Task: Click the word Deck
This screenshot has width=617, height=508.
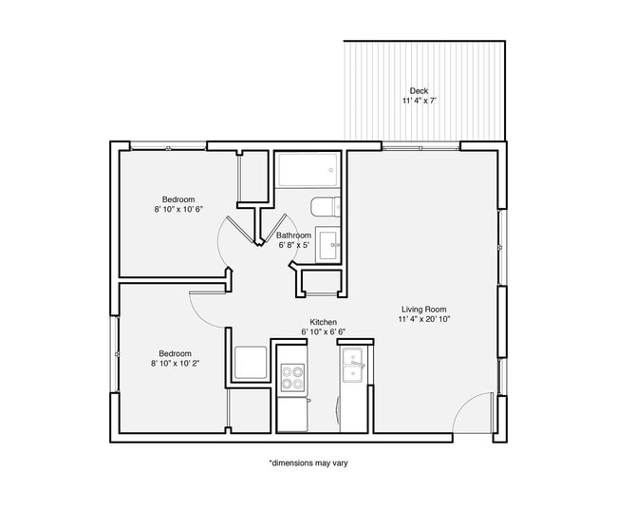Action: coord(419,91)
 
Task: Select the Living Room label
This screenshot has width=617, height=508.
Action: coord(424,310)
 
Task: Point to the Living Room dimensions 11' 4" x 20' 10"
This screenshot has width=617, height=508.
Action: coord(424,320)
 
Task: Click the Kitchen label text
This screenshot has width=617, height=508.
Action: coord(323,322)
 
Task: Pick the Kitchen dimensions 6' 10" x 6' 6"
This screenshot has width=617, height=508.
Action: coord(323,332)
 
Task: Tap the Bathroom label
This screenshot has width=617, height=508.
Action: coord(293,235)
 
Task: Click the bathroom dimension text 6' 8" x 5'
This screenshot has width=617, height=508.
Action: coord(293,245)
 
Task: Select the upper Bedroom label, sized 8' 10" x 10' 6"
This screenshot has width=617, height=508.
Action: coord(178,199)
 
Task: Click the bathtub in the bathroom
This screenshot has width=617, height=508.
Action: coord(306,172)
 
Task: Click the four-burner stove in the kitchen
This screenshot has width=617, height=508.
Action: coord(293,379)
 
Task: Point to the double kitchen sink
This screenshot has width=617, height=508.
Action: coord(355,366)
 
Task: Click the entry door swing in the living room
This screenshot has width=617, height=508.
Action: coord(471,415)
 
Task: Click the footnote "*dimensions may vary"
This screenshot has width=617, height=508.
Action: coord(308,463)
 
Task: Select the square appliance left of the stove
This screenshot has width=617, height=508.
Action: coord(251,364)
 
